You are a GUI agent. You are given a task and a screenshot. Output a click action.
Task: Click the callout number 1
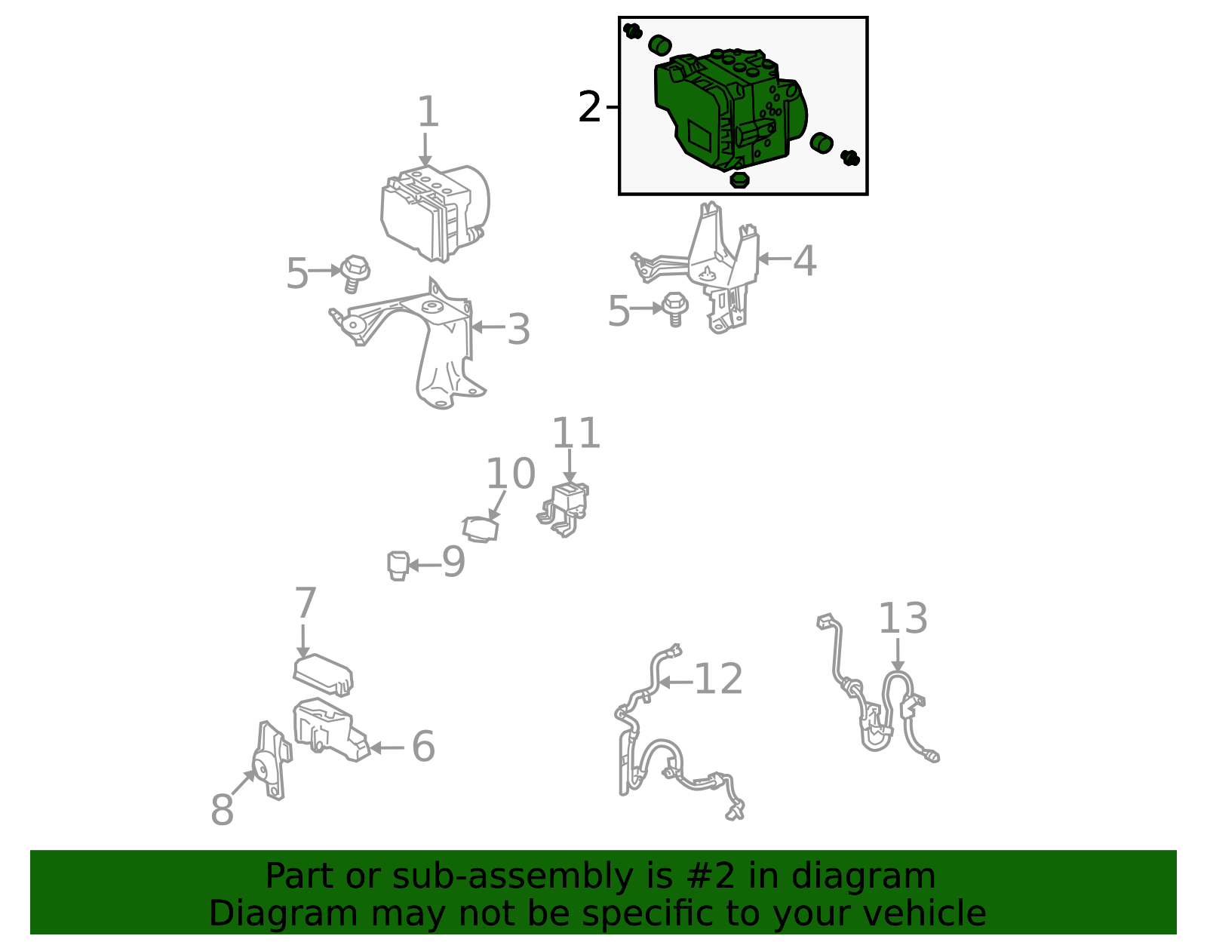[x=428, y=112]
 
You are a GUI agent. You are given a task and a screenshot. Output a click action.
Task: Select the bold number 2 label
[x=589, y=107]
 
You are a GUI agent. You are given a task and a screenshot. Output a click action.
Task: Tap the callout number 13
[x=903, y=618]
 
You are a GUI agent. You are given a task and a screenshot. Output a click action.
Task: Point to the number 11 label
[x=576, y=433]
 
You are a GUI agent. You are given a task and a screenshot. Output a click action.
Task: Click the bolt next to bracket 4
[x=675, y=308]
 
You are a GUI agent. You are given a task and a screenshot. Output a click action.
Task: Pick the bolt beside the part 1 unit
[x=355, y=273]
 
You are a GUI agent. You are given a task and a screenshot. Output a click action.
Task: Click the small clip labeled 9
[x=398, y=566]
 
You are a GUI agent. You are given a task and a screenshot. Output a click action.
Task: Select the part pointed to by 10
[x=481, y=529]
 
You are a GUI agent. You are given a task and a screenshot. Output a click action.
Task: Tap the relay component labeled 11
[x=564, y=510]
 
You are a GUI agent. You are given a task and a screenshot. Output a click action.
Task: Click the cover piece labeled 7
[x=323, y=674]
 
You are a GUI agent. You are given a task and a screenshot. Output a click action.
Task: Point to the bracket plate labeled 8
[x=272, y=760]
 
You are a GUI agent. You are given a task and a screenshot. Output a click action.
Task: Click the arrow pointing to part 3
[x=488, y=327]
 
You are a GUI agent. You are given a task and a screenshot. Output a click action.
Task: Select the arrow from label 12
[x=676, y=683]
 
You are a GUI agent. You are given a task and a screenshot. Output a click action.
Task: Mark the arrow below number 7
[x=303, y=641]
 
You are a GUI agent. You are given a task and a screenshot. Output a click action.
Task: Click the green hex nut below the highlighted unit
[x=739, y=180]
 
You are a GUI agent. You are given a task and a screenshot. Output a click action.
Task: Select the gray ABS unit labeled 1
[x=435, y=213]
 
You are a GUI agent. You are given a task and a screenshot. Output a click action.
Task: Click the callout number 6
[x=423, y=747]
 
